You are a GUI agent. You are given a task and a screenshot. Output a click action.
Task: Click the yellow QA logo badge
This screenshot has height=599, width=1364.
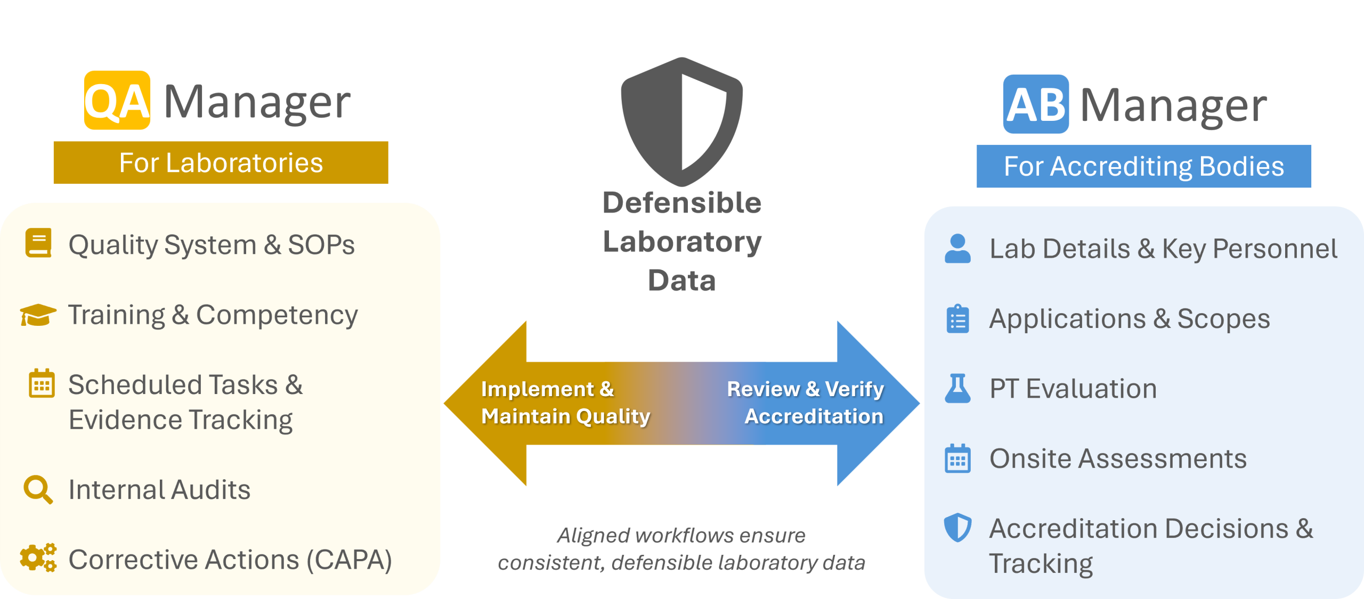click(117, 100)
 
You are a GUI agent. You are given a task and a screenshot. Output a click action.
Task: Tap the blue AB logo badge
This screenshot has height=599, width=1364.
click(1036, 104)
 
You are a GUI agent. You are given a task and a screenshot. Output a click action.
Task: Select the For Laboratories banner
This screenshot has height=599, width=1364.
click(221, 163)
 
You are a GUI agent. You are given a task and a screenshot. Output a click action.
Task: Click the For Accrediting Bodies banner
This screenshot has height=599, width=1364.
click(1143, 166)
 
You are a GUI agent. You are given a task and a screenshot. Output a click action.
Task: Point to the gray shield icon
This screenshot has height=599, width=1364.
click(681, 121)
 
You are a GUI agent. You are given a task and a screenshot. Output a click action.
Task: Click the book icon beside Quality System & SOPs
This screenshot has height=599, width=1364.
click(38, 243)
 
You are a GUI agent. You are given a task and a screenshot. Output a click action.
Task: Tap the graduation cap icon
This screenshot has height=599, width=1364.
click(38, 315)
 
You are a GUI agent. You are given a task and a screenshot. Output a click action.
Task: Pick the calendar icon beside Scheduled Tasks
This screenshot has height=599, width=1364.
click(42, 383)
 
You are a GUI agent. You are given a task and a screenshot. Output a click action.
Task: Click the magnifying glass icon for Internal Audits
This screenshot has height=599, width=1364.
click(38, 489)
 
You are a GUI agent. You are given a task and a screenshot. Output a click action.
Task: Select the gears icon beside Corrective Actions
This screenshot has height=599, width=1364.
click(38, 558)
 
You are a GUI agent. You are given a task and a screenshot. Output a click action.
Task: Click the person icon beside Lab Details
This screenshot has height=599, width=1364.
click(957, 248)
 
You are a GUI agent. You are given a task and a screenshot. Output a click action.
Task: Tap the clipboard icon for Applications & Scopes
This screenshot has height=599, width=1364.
click(957, 319)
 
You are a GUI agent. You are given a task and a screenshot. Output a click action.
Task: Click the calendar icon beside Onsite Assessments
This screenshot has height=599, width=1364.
click(957, 458)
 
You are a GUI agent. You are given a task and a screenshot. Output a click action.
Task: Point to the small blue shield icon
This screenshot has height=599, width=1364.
click(957, 528)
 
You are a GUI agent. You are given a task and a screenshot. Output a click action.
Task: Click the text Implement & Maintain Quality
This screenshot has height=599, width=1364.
click(565, 403)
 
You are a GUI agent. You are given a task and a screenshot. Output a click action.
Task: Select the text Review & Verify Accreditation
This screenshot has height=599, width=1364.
click(806, 403)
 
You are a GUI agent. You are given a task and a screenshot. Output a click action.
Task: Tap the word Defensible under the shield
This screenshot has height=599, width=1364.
click(681, 203)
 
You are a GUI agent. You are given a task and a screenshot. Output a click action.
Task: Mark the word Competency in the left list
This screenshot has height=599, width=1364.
click(277, 315)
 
